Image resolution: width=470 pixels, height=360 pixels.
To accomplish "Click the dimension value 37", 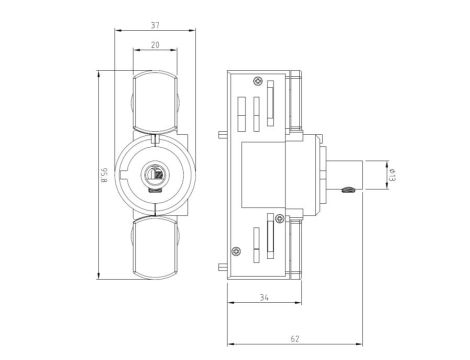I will pyautogui.click(x=154, y=25).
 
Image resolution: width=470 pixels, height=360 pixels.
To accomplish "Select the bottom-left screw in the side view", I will pyautogui.click(x=236, y=250).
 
